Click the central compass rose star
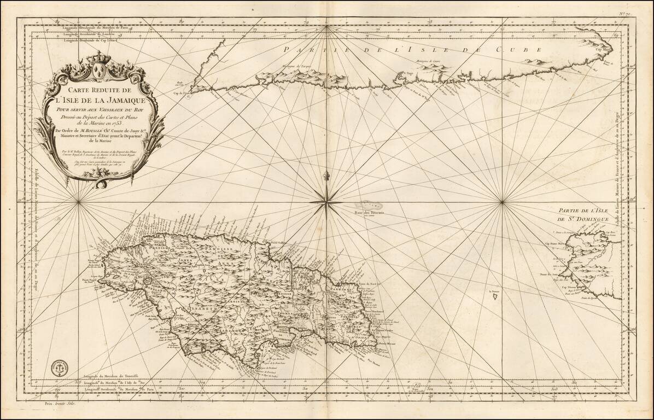pos(326,202)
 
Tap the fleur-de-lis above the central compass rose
pos(326,178)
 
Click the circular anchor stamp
pos(57,367)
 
